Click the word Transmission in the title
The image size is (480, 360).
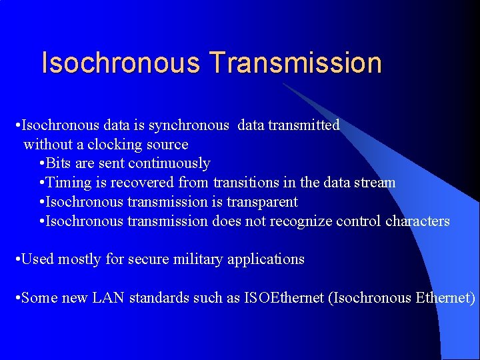pos(295,63)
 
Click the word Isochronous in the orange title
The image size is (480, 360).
pos(121,63)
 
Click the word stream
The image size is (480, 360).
pos(374,183)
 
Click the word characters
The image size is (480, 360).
pos(417,221)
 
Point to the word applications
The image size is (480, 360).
pos(266,259)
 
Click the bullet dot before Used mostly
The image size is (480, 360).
pos(17,259)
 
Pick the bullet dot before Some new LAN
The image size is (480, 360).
pos(17,298)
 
